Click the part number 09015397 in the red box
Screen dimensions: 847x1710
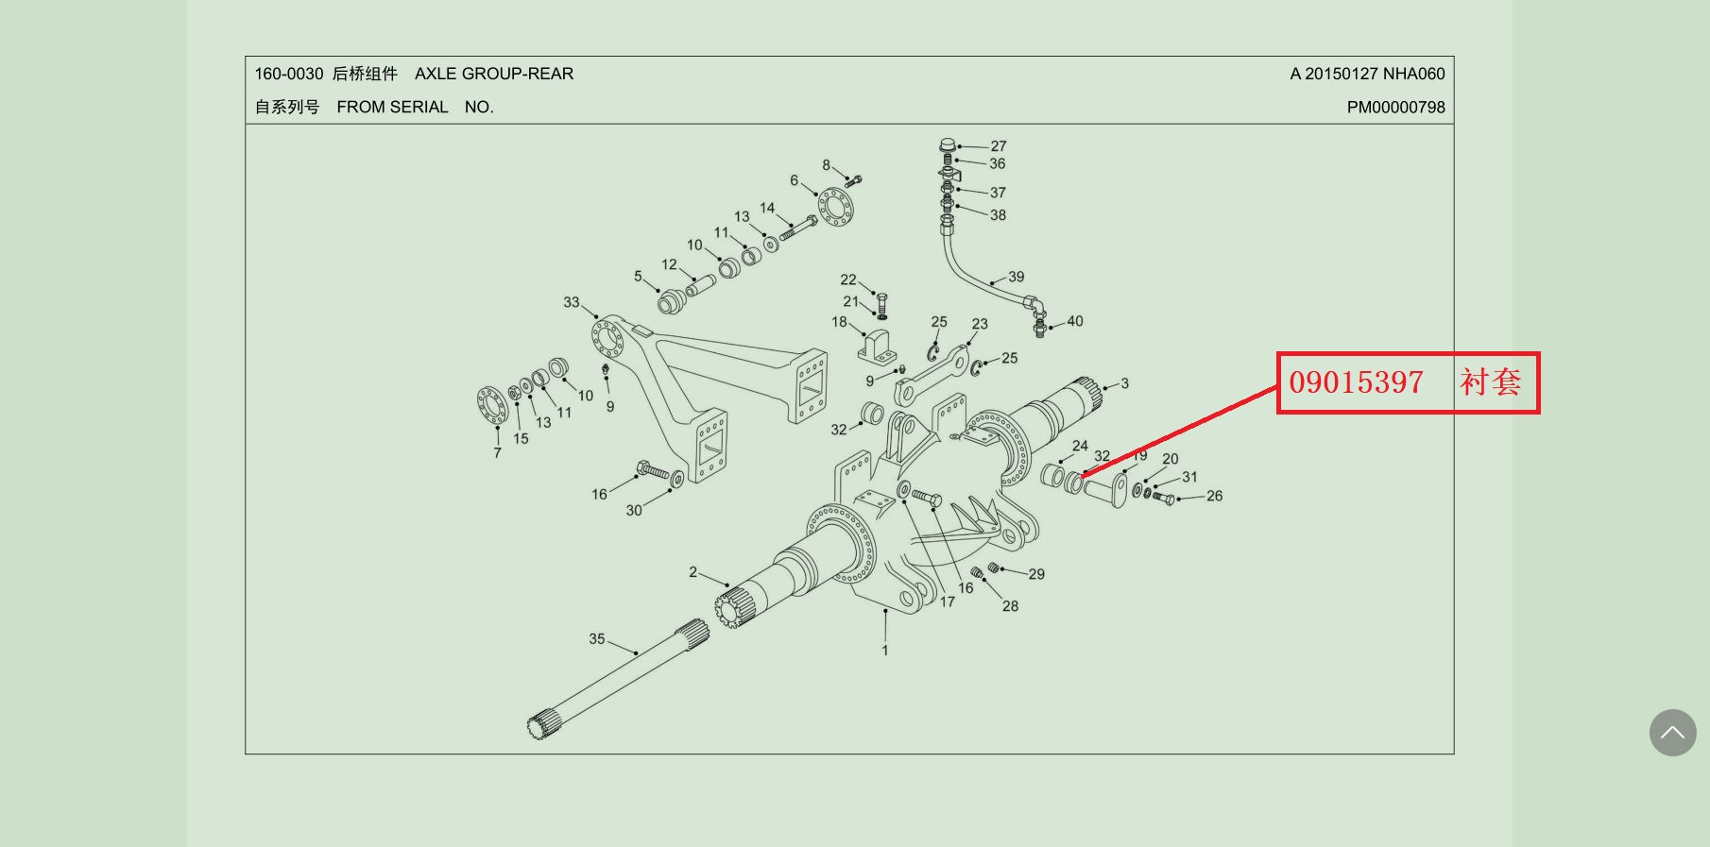[x=1356, y=382]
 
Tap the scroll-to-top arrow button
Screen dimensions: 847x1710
[x=1672, y=733]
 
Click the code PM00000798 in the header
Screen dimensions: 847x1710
[x=1395, y=108]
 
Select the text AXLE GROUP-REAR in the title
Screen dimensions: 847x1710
[x=494, y=74]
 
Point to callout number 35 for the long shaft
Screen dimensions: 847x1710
[x=597, y=639]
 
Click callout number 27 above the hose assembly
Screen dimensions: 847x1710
[x=999, y=146]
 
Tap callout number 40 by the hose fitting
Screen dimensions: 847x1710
[x=1075, y=321]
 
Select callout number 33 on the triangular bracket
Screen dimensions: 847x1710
[x=572, y=302]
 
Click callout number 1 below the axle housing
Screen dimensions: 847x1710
[x=885, y=651]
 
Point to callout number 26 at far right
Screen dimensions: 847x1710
[x=1214, y=496]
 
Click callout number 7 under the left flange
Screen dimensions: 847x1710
[x=497, y=453]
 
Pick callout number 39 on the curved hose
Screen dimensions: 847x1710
[x=1016, y=277]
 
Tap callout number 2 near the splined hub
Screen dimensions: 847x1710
[x=693, y=572]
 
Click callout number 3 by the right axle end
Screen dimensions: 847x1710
[x=1124, y=383]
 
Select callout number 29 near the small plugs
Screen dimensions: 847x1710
[x=1036, y=574]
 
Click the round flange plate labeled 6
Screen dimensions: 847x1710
[x=836, y=207]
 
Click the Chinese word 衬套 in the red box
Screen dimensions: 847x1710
[x=1490, y=382]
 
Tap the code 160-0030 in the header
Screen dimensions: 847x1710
[x=289, y=74]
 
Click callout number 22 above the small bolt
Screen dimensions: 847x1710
[x=848, y=280]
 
